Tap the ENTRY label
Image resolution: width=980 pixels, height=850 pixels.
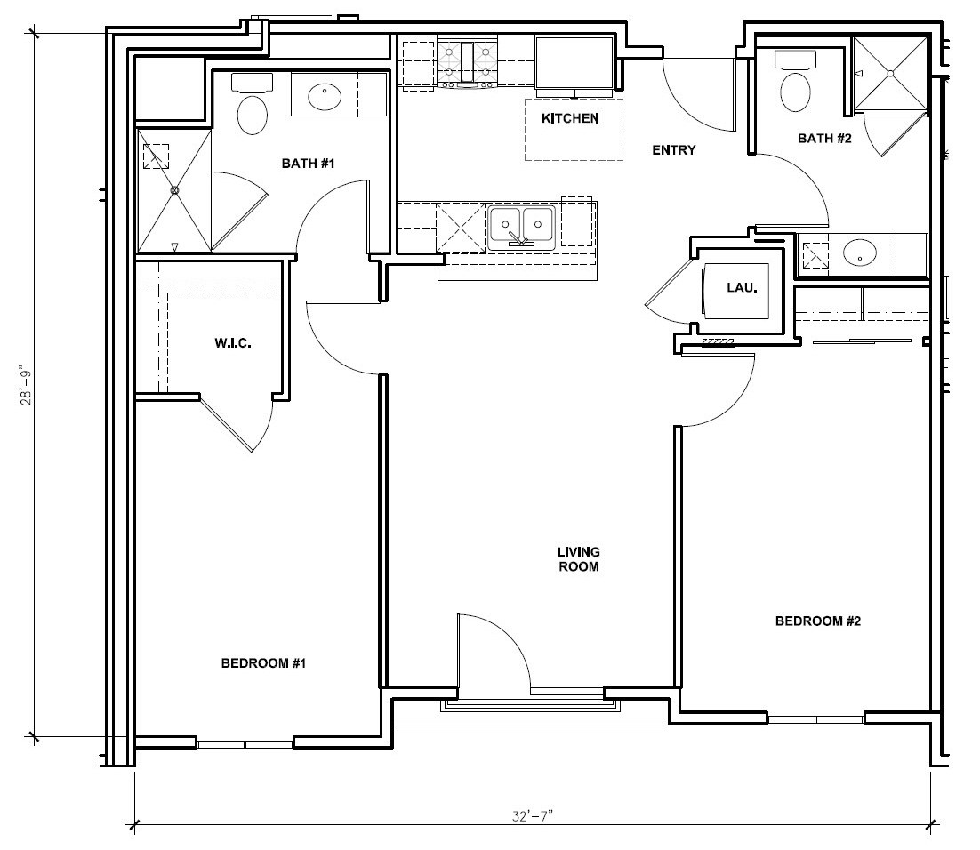click(673, 150)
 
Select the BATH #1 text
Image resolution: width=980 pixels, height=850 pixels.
click(308, 163)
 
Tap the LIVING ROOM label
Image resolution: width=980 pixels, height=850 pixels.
click(578, 559)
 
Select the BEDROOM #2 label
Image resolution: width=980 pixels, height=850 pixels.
click(818, 621)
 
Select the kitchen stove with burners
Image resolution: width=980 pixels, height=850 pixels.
click(468, 62)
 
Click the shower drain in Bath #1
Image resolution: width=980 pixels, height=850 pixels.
click(175, 190)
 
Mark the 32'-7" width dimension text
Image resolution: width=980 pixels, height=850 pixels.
click(534, 814)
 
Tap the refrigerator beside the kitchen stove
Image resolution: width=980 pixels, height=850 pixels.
click(574, 63)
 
